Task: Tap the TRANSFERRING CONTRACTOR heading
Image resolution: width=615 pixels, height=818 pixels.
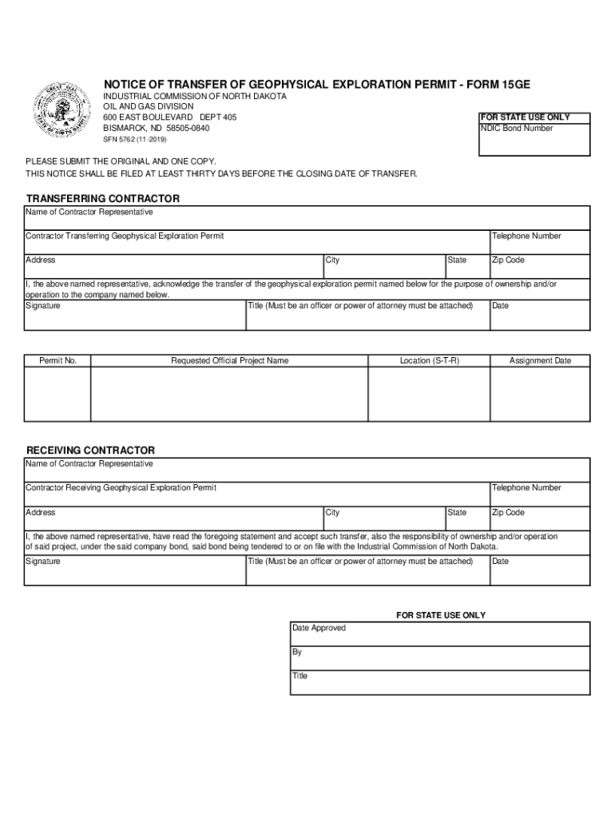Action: pos(103,198)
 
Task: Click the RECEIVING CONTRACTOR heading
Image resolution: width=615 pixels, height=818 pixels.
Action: pos(90,451)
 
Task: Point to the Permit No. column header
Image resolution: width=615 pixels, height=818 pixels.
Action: pos(58,361)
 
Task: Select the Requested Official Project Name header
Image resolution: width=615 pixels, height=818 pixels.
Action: pos(229,361)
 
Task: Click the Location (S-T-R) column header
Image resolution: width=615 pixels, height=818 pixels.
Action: pos(429,361)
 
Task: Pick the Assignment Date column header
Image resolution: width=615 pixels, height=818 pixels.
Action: pos(540,361)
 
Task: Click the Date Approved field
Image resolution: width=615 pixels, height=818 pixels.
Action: pos(439,633)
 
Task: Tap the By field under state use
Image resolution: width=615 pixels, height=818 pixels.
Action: pos(439,657)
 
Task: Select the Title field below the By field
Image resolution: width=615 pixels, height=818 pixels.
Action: pos(439,681)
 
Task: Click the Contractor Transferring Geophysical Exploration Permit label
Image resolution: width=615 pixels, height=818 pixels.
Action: pos(125,236)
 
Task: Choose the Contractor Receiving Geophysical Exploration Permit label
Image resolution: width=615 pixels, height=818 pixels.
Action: pos(121,488)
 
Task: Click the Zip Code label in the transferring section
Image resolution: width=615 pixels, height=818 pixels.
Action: pos(508,260)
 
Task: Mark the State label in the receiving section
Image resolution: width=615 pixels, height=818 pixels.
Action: pos(457,513)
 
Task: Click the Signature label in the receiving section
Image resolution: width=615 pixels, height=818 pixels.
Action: pos(43,562)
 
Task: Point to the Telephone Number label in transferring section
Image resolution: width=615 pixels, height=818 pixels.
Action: pos(526,236)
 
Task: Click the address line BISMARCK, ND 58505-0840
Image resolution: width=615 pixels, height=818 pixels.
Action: pos(157,129)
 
